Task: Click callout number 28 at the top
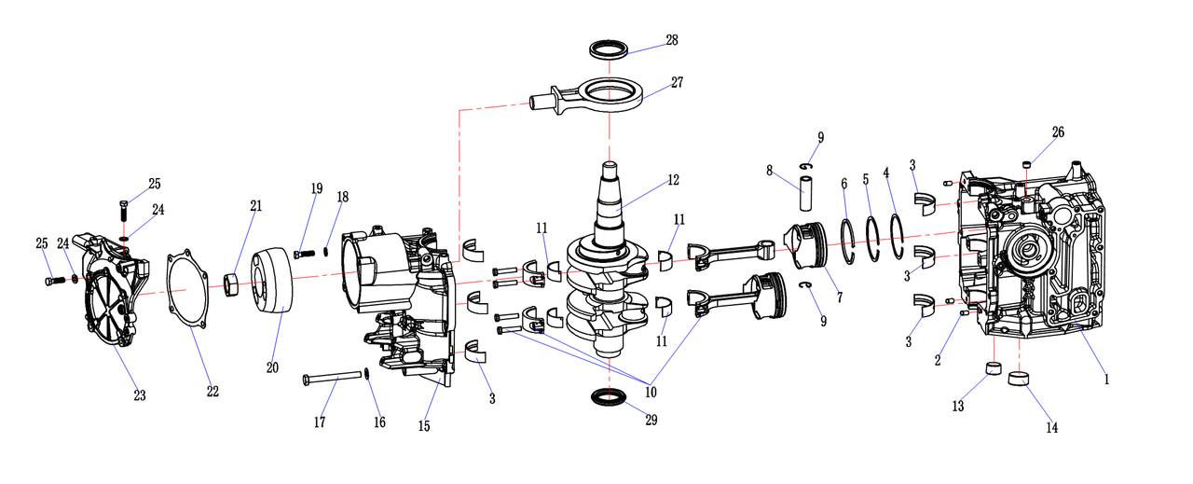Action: (671, 40)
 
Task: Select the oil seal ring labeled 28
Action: (609, 48)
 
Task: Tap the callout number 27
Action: (677, 82)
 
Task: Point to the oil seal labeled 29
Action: (609, 398)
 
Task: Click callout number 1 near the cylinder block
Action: (1106, 380)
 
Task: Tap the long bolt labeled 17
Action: (333, 378)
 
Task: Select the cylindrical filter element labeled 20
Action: (272, 281)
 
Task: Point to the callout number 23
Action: (140, 395)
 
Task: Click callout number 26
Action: (1058, 132)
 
